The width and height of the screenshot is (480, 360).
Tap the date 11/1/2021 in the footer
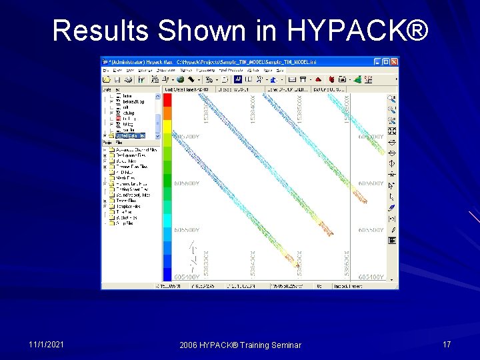point(47,344)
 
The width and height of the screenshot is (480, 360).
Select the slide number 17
point(447,344)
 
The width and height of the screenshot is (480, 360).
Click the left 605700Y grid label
point(186,136)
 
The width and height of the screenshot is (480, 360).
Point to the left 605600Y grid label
point(186,183)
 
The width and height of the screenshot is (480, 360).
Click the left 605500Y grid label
point(186,230)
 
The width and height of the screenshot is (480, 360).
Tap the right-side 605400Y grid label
point(371,277)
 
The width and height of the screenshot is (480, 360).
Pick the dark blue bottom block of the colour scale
point(167,273)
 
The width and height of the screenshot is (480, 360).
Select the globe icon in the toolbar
point(180,79)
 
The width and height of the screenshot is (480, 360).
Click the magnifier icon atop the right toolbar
point(392,99)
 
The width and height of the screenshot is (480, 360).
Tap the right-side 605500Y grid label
point(371,230)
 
